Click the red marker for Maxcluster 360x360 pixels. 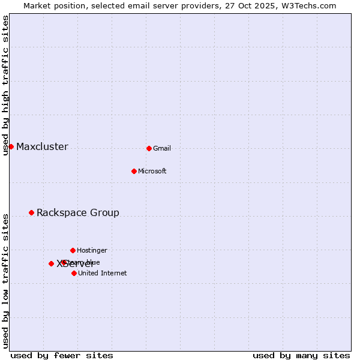click(x=11, y=146)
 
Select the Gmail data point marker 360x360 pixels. click(x=149, y=148)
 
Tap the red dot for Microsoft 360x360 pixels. click(x=134, y=171)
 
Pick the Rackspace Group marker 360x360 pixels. click(x=31, y=212)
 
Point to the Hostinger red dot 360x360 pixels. click(x=73, y=250)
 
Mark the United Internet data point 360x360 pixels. click(x=74, y=273)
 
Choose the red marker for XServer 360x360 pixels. click(x=51, y=263)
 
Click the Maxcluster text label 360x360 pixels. click(x=42, y=147)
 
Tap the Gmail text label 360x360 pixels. click(x=162, y=149)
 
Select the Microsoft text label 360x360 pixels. click(x=152, y=172)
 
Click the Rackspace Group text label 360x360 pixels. click(x=78, y=213)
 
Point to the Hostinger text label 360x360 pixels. click(x=92, y=251)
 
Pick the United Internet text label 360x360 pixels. click(x=103, y=274)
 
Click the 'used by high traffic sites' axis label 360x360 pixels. click(x=5, y=85)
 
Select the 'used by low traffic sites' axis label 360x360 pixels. click(x=5, y=280)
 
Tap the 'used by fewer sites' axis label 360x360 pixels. click(x=62, y=356)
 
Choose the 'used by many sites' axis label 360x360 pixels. click(x=301, y=356)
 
